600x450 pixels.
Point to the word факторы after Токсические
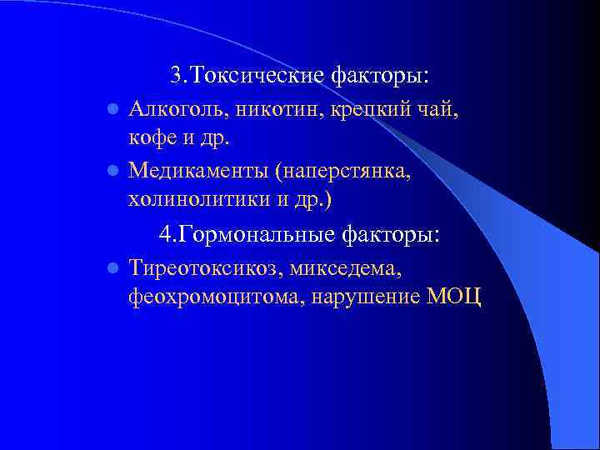coord(379,76)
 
